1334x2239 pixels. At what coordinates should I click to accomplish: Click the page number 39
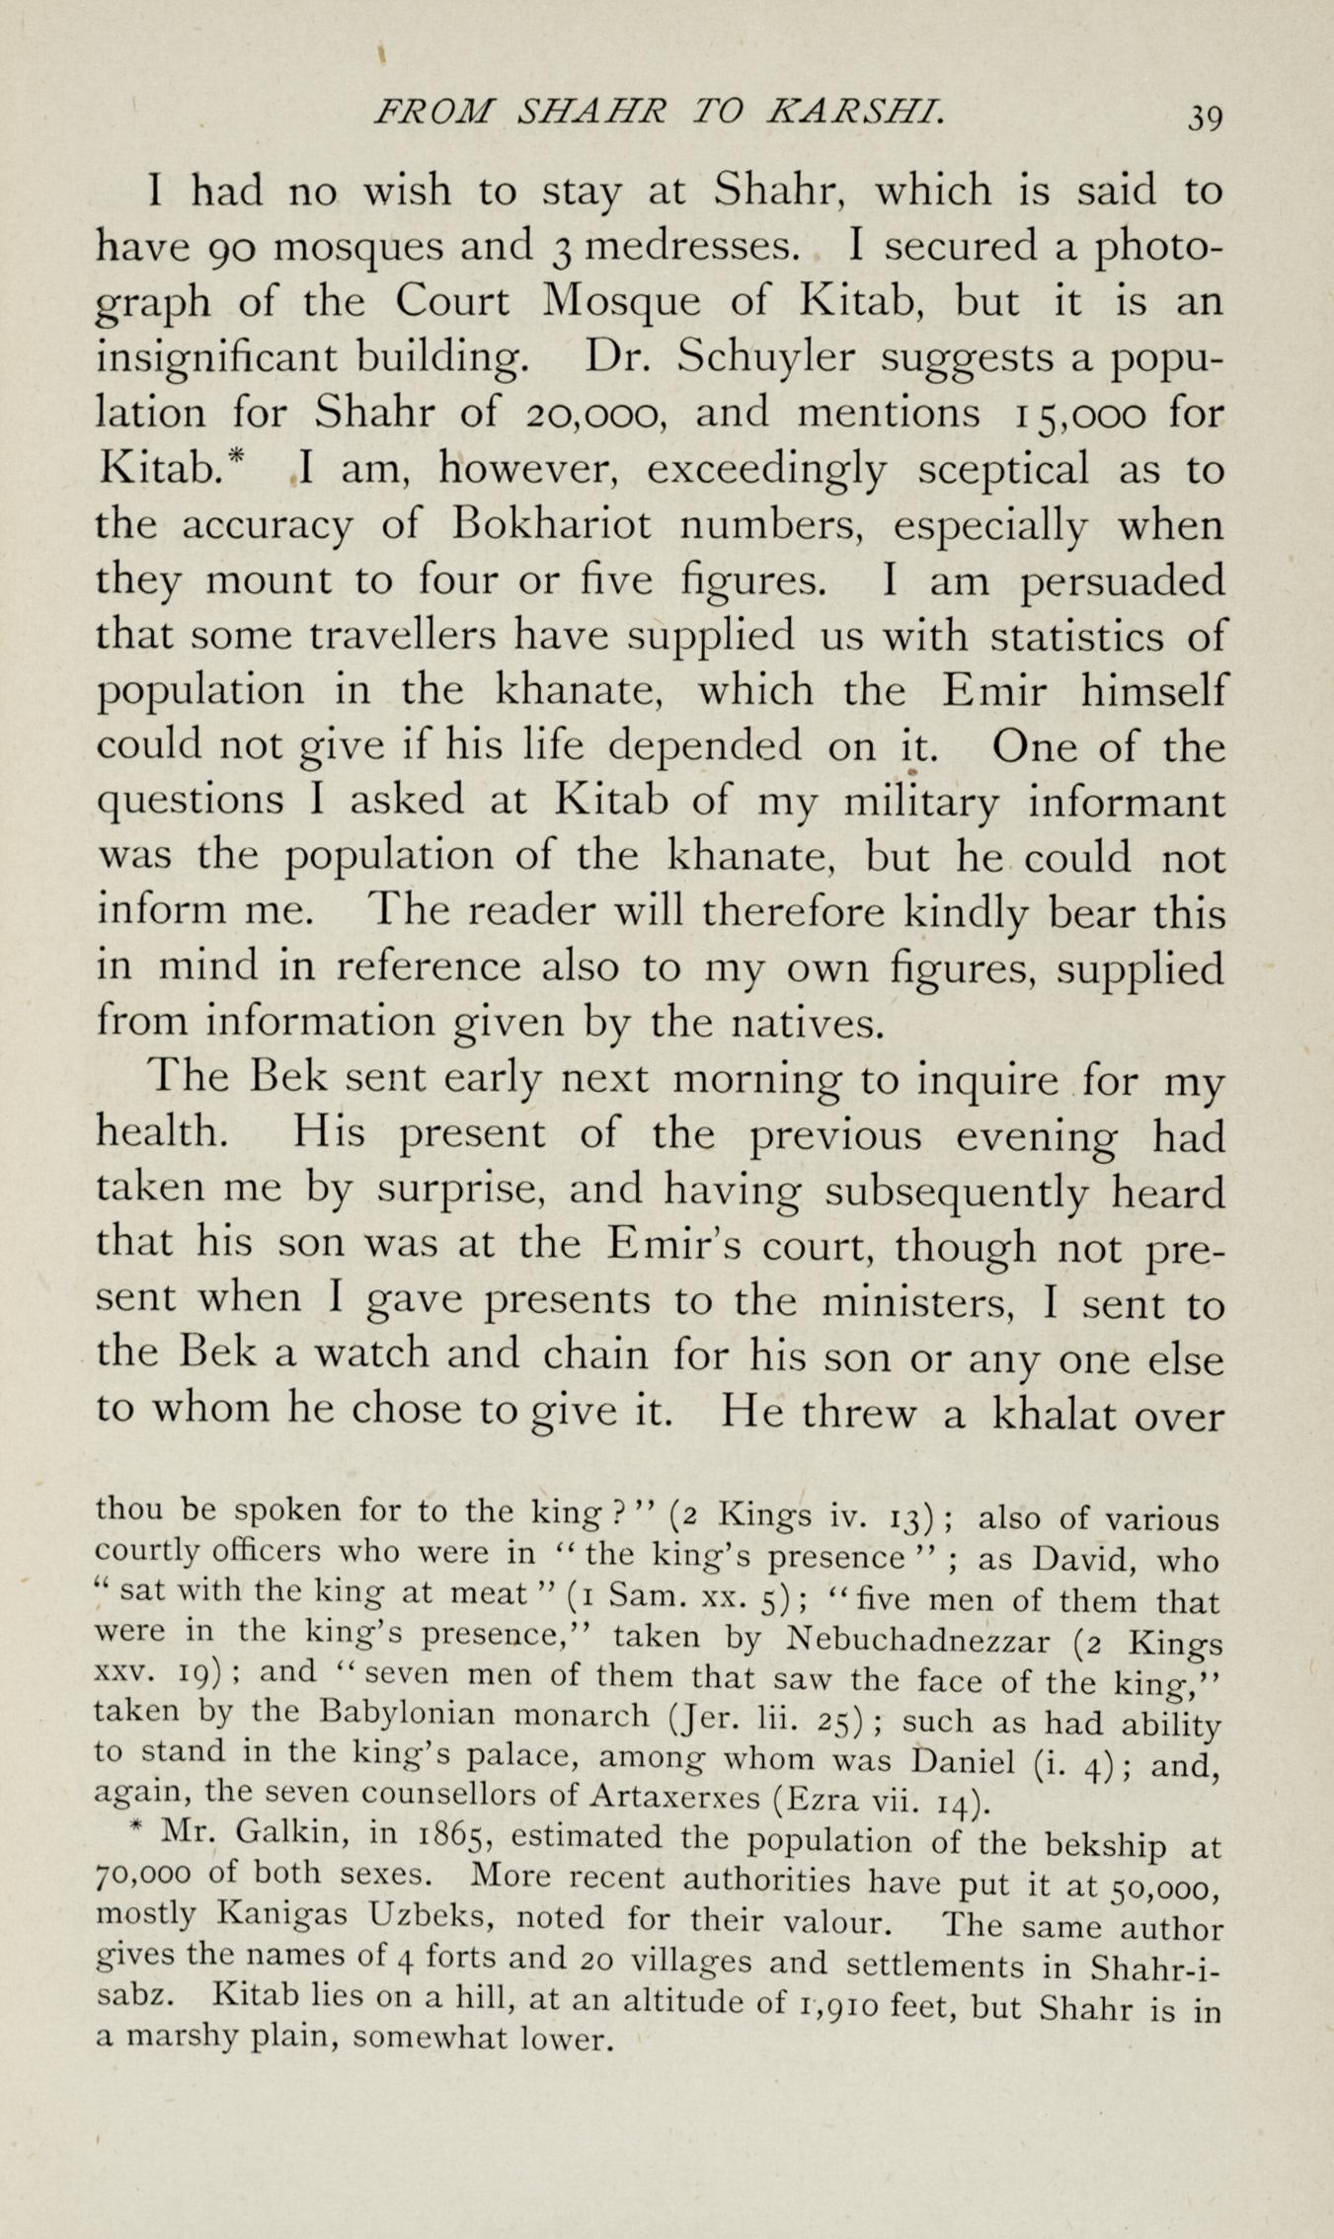point(1206,116)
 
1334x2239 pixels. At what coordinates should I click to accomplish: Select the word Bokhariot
point(551,524)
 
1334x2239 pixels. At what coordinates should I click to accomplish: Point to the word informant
point(1126,801)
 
